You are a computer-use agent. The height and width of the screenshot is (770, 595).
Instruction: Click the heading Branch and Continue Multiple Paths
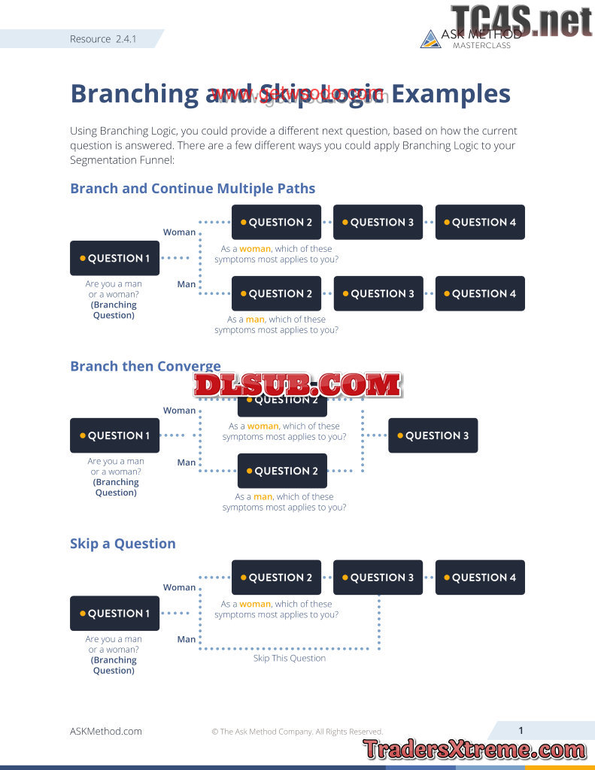(x=193, y=189)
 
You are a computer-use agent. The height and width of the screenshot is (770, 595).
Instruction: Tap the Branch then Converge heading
(x=145, y=366)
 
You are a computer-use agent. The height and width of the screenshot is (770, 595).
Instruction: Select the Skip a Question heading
(x=123, y=544)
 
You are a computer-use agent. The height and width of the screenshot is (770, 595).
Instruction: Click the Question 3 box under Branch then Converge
(x=433, y=435)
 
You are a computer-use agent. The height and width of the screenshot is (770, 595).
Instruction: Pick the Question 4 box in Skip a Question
(x=480, y=577)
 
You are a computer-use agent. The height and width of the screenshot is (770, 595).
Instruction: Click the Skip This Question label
(x=290, y=658)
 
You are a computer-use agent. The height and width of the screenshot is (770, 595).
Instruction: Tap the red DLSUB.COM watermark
(x=297, y=385)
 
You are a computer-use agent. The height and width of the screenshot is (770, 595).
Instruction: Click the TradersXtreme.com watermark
(x=474, y=749)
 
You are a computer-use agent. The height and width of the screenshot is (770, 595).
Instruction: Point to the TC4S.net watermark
(x=521, y=20)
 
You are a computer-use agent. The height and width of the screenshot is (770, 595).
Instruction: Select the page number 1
(x=521, y=730)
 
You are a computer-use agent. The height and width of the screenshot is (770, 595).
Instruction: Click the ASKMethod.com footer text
(x=105, y=731)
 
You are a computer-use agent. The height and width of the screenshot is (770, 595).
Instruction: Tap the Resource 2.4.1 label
(x=103, y=39)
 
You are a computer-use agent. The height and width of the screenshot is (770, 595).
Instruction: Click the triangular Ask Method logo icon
(x=430, y=39)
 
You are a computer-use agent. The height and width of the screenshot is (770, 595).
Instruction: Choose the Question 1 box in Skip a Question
(x=114, y=613)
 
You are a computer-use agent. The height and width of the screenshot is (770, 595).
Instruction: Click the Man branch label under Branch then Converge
(x=187, y=462)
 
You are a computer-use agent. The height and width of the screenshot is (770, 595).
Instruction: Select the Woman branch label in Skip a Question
(x=179, y=587)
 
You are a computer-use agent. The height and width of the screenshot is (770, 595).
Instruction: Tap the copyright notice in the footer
(x=297, y=732)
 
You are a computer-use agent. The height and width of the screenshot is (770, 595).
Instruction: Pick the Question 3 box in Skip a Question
(x=378, y=577)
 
